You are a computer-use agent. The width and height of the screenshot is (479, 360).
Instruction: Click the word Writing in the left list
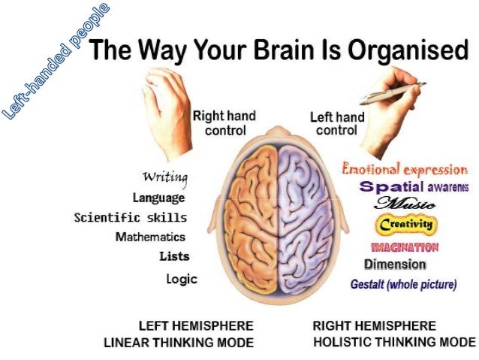(x=165, y=178)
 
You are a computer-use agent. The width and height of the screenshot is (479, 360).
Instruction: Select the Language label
(x=158, y=198)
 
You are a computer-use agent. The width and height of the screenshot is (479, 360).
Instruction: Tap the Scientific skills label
(x=130, y=217)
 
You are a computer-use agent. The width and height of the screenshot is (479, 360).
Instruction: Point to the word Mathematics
(x=150, y=237)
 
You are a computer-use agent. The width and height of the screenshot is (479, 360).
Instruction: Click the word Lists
(x=174, y=256)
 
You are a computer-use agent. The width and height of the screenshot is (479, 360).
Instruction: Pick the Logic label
(x=182, y=279)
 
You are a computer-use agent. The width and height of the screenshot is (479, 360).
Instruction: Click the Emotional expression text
(x=404, y=170)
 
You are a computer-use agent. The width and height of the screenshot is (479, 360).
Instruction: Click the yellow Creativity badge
(x=406, y=224)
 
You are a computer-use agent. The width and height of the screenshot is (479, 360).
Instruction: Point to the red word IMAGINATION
(x=405, y=247)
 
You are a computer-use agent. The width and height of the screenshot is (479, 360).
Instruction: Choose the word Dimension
(x=395, y=265)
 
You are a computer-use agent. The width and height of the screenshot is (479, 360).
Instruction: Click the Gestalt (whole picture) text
(x=403, y=285)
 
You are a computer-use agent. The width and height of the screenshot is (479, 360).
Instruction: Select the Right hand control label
(x=224, y=123)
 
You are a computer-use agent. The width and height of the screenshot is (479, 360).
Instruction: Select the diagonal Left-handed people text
(x=56, y=60)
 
